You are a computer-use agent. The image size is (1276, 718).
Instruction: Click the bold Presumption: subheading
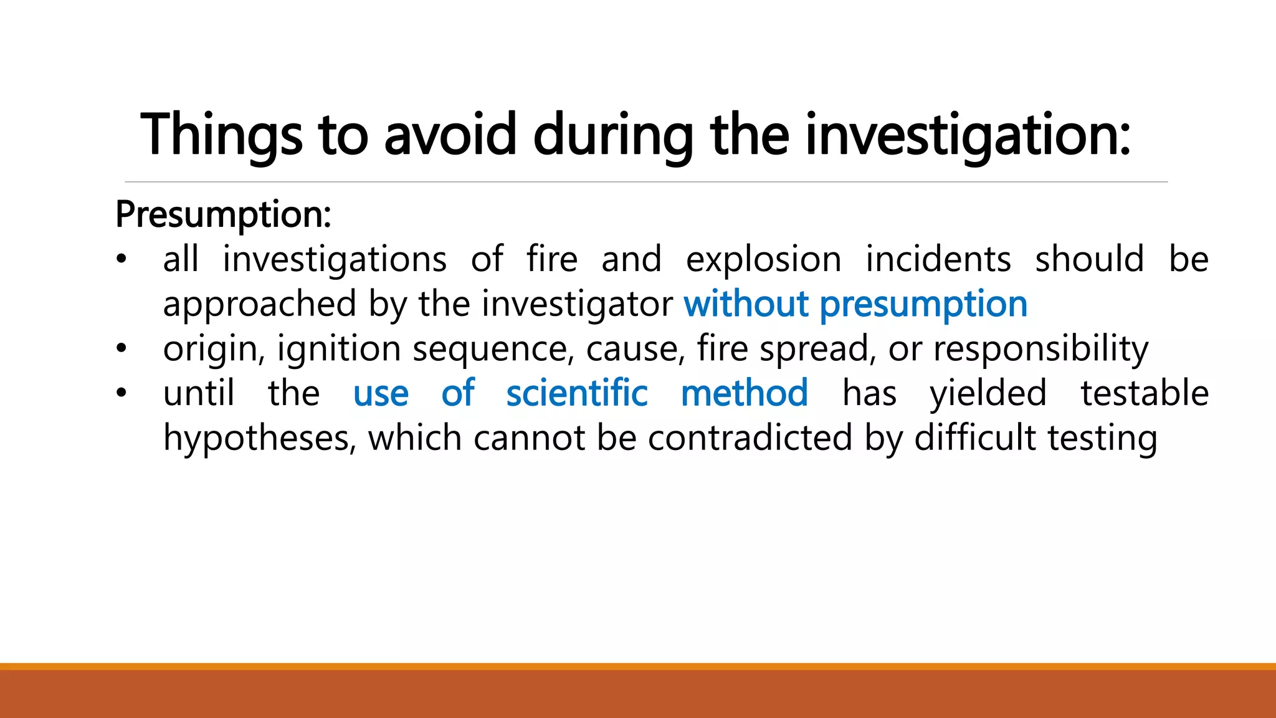pyautogui.click(x=223, y=215)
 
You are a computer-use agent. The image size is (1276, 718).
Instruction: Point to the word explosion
pyautogui.click(x=763, y=260)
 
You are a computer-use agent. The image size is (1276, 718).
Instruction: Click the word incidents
pyautogui.click(x=938, y=260)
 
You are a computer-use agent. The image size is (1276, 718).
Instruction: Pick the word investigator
pyautogui.click(x=577, y=305)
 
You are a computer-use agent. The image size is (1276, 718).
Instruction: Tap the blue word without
pyautogui.click(x=746, y=305)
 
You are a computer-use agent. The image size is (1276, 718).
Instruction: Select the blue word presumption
pyautogui.click(x=923, y=305)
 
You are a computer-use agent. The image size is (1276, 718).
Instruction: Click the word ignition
pyautogui.click(x=339, y=349)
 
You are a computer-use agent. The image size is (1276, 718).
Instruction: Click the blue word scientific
pyautogui.click(x=577, y=394)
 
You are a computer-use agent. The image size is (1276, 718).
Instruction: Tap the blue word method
pyautogui.click(x=745, y=394)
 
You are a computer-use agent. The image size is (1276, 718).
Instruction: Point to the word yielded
pyautogui.click(x=988, y=394)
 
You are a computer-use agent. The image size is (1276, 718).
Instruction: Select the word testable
pyautogui.click(x=1145, y=394)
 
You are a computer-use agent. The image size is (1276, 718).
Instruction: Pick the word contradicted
pyautogui.click(x=750, y=439)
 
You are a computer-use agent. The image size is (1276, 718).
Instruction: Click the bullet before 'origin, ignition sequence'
pyautogui.click(x=121, y=348)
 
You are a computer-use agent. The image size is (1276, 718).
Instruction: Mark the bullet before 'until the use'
pyautogui.click(x=121, y=393)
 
